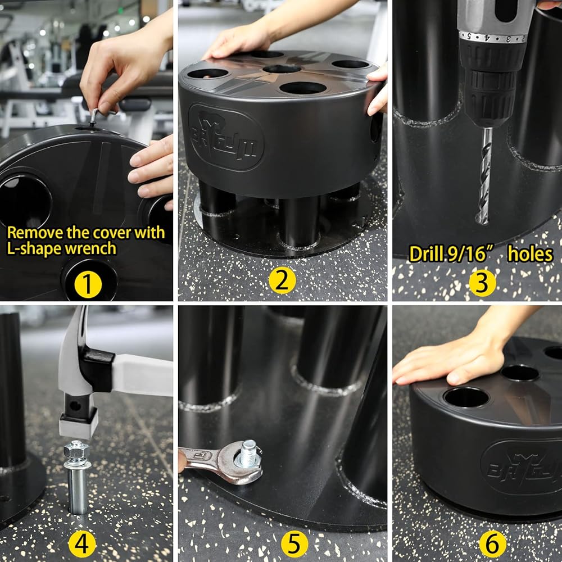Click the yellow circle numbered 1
pyautogui.click(x=88, y=284)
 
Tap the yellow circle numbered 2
pyautogui.click(x=283, y=280)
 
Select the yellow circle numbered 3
pyautogui.click(x=482, y=283)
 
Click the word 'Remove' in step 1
pyautogui.click(x=35, y=233)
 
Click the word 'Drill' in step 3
pyautogui.click(x=427, y=254)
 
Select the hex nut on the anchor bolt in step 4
pyautogui.click(x=76, y=450)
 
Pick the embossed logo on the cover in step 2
pyautogui.click(x=226, y=137)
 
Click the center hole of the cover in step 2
pyautogui.click(x=282, y=69)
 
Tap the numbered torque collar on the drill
pyautogui.click(x=493, y=37)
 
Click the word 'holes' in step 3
pyautogui.click(x=530, y=254)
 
